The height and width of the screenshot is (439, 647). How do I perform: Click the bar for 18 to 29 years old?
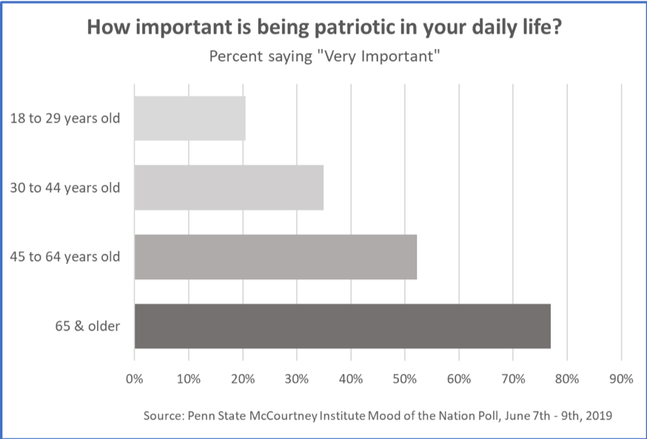click(190, 118)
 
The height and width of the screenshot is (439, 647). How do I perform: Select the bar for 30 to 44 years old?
click(229, 187)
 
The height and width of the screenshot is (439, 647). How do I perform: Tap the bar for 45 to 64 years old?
click(275, 257)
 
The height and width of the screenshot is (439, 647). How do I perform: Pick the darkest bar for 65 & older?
click(342, 326)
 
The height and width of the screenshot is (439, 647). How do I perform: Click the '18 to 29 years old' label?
click(65, 118)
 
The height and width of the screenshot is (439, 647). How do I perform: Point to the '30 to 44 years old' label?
click(65, 187)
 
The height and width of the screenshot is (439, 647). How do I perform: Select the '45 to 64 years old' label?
click(65, 257)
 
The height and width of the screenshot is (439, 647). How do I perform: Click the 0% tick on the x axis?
click(135, 379)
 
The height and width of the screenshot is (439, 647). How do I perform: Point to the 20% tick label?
click(243, 379)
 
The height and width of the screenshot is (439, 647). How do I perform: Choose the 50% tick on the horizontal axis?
click(405, 379)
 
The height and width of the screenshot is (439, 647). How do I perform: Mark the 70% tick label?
click(513, 379)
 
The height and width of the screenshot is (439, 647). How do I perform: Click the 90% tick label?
click(621, 379)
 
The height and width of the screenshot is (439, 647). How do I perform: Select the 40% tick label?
click(351, 379)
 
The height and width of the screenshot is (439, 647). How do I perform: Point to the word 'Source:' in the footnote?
click(164, 416)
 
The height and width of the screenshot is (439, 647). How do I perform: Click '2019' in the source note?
click(598, 416)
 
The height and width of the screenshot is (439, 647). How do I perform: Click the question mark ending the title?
click(555, 27)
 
